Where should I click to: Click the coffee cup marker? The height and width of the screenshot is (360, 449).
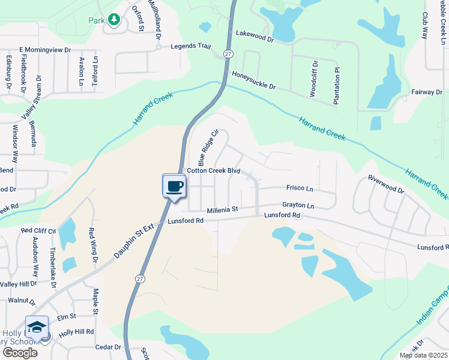coord(174,186)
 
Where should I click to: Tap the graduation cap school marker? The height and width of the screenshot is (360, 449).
coord(37,327)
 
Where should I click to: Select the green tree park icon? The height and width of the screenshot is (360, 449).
coord(114,20)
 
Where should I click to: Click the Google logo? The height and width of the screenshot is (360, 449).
coord(20,353)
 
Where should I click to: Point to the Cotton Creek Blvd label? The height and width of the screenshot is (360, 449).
coord(213,171)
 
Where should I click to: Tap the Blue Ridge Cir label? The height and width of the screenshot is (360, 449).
coord(207,148)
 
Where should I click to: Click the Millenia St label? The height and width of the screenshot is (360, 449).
coord(223,210)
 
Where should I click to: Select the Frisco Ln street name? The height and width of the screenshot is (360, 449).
coord(300,188)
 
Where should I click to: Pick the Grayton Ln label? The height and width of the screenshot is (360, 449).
coord(298,206)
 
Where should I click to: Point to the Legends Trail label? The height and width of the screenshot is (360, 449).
coord(191,46)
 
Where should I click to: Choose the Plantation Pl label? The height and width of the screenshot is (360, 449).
coord(337,86)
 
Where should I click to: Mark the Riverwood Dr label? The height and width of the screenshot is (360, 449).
coord(386,184)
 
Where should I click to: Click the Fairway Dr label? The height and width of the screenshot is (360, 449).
coord(427,92)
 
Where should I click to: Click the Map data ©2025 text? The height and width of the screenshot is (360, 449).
coord(423,355)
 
